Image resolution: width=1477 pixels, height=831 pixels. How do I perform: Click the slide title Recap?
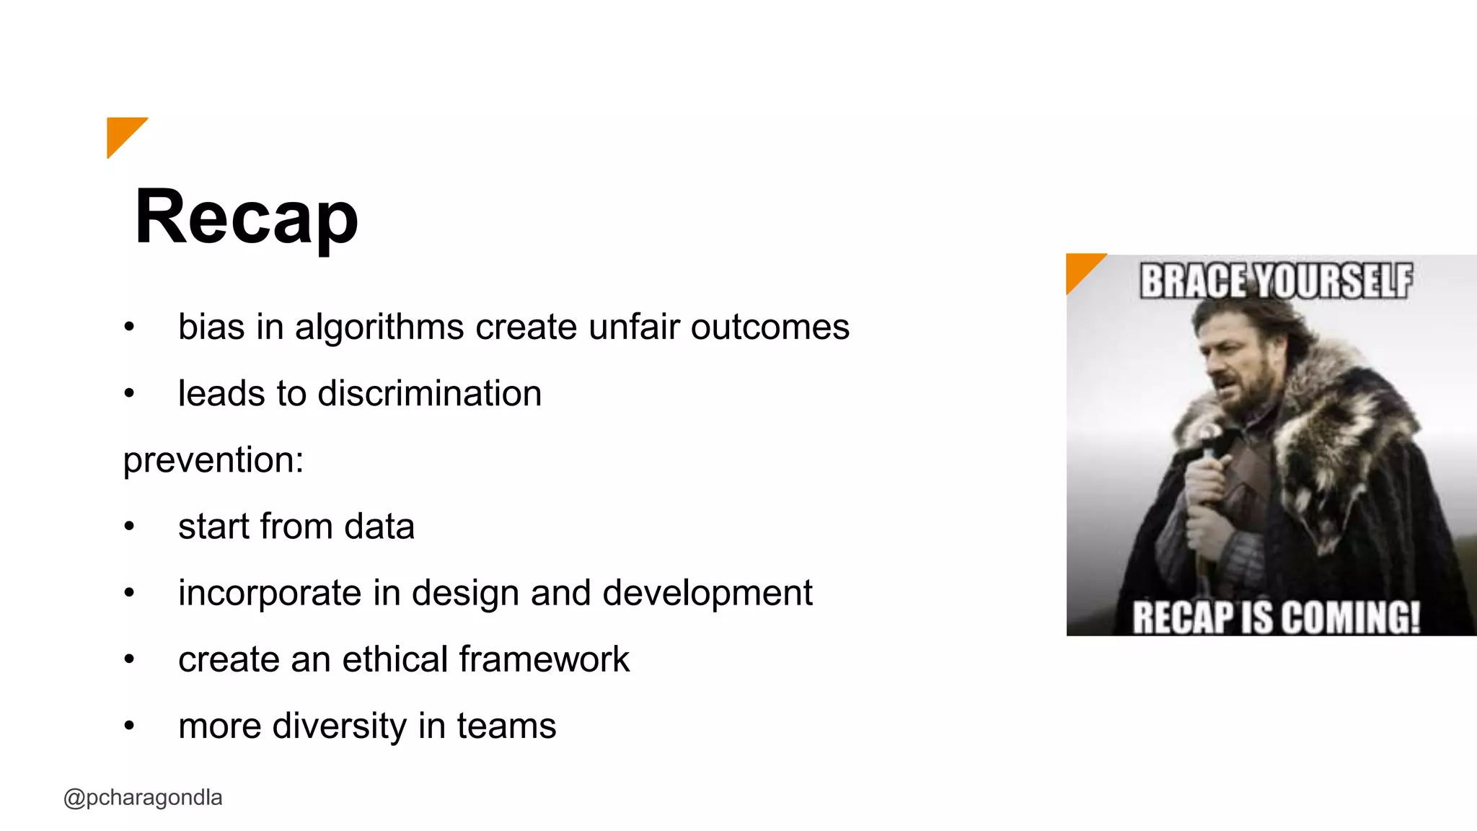click(x=246, y=217)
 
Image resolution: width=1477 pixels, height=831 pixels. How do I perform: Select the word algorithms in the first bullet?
click(x=379, y=327)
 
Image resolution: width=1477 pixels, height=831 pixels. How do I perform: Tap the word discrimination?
click(x=429, y=394)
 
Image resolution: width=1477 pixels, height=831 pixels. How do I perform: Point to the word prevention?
click(x=213, y=460)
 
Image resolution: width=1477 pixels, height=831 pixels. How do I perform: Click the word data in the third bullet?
click(x=379, y=527)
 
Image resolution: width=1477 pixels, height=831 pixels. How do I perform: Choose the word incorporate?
click(x=270, y=594)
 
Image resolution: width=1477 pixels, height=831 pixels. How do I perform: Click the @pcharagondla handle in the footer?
click(x=143, y=798)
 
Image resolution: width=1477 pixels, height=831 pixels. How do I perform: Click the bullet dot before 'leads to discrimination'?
click(x=129, y=394)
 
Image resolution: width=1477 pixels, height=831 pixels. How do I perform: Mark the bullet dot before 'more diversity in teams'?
click(x=129, y=726)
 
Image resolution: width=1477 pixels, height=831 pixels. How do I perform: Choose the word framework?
click(x=544, y=659)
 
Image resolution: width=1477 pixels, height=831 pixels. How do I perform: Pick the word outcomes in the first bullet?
click(x=770, y=327)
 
